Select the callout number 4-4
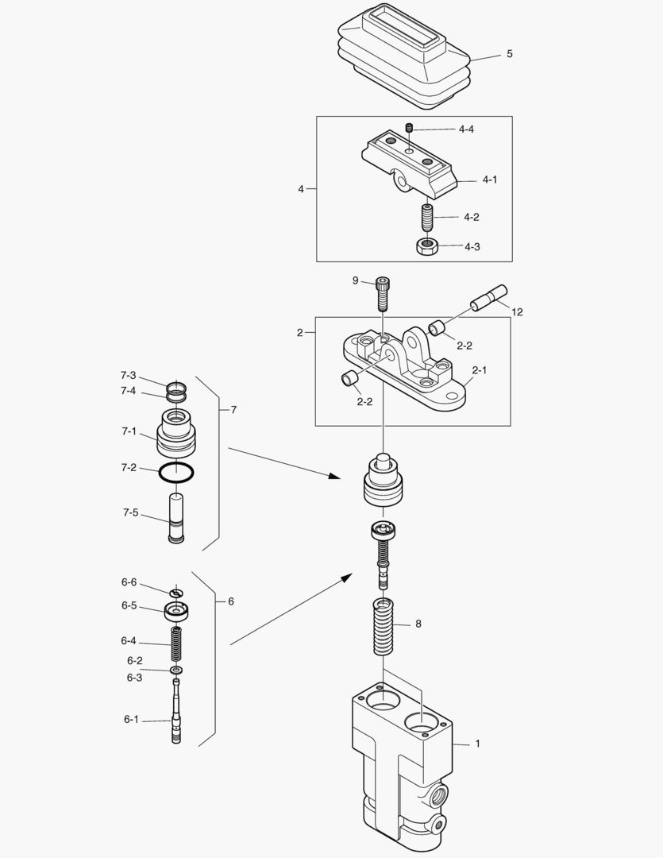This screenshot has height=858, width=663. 466,129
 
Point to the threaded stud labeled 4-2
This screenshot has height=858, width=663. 426,215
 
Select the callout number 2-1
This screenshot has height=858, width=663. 480,370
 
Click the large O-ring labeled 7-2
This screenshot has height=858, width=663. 177,471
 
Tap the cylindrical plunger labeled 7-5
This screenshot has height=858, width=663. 176,517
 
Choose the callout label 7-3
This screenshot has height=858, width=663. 128,375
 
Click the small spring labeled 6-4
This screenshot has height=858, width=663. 176,644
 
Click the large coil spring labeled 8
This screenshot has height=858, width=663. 384,627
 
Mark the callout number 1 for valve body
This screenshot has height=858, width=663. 477,744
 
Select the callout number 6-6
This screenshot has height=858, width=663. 129,582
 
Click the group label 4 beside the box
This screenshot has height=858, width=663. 301,189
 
